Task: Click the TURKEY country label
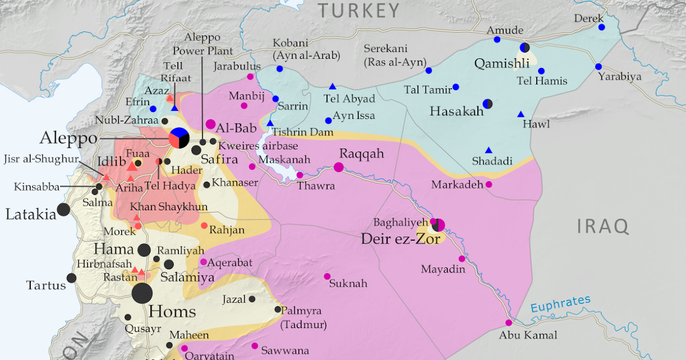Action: pos(359,10)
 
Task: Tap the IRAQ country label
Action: pos(603,226)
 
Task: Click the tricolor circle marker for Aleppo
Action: pos(179,138)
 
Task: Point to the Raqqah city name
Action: pos(361,154)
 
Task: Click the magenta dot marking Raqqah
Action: pos(338,167)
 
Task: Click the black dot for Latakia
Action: pos(63,210)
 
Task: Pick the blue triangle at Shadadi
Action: pos(489,150)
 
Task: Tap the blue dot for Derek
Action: pos(601,27)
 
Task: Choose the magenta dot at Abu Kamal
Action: pos(509,323)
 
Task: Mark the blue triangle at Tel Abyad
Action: pos(332,86)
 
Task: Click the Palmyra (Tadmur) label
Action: pos(302,318)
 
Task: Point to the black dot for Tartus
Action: pos(71,278)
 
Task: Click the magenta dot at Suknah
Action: pos(327,277)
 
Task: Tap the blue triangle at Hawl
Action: pos(521,114)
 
